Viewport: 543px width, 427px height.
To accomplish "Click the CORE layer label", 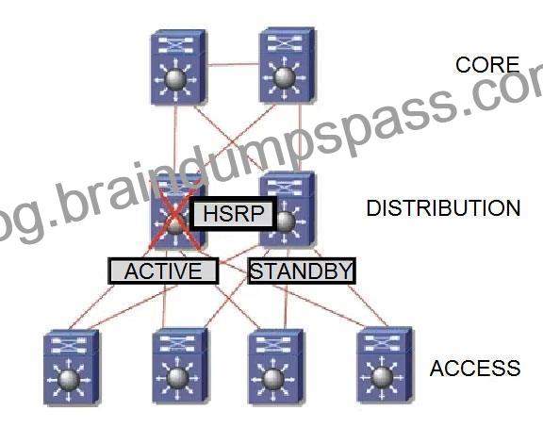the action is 487,65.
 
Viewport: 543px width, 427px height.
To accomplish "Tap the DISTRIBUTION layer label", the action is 443,208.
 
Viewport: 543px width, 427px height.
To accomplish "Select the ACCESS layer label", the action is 475,368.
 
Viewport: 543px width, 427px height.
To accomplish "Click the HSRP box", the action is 234,213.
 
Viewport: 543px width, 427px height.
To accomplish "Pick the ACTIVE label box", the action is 163,271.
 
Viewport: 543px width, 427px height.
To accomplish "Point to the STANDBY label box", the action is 302,271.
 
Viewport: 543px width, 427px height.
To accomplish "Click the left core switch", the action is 179,67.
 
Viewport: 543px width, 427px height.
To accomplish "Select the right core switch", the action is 288,65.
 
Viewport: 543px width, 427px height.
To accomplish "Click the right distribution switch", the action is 288,209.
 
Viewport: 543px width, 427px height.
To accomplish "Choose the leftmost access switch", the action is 71,368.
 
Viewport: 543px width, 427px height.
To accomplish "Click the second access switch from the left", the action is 180,366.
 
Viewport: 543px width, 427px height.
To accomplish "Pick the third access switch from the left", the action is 275,367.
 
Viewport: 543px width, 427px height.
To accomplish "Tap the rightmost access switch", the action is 385,366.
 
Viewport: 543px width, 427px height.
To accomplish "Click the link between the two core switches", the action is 233,64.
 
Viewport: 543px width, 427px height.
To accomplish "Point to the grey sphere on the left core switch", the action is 175,80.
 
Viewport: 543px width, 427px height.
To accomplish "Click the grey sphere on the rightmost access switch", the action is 382,378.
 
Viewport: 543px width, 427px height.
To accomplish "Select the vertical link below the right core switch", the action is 300,137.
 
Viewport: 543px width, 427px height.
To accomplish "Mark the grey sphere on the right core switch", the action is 285,77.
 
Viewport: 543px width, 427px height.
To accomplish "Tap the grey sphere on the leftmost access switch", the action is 69,380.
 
